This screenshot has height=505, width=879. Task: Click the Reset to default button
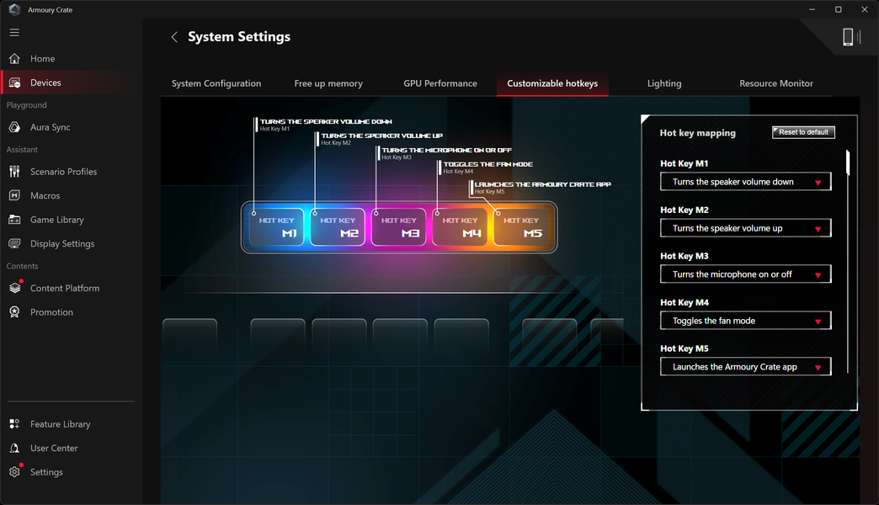coord(803,132)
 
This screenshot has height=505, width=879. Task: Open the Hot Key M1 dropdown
coord(746,182)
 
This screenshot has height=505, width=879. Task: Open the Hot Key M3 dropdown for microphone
coord(746,274)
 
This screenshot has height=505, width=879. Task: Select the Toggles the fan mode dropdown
coord(746,321)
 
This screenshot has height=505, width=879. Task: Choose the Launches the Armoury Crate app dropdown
coord(746,367)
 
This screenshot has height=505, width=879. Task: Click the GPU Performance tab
coord(440,83)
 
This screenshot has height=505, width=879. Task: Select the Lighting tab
coord(664,83)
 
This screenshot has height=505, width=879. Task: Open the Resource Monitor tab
coord(775,83)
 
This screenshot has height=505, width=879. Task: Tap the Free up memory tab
coord(328,83)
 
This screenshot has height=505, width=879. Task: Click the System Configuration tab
coord(216,83)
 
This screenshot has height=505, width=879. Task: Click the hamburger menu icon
coord(14,33)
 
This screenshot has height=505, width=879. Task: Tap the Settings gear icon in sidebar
coord(14,472)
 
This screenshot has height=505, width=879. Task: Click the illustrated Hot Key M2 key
coord(338,227)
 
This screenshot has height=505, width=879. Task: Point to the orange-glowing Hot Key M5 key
coord(521,227)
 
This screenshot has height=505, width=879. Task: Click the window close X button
coord(865,9)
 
